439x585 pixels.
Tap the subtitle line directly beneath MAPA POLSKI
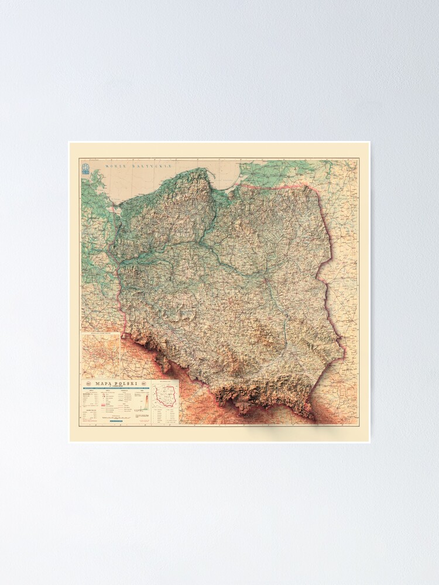click(115, 387)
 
